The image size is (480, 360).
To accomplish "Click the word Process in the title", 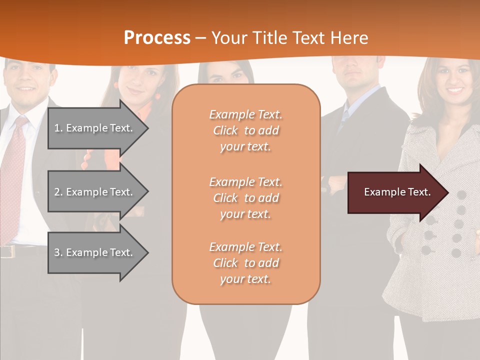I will [157, 38].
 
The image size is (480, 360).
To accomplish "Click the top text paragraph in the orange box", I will [245, 130].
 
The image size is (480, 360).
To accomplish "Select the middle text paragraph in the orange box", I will [245, 198].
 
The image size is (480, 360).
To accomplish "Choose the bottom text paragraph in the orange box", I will [245, 263].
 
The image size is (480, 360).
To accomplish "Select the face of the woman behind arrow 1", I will [140, 82].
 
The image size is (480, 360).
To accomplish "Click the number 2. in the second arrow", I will [58, 192].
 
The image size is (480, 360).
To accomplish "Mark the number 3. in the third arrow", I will [58, 252].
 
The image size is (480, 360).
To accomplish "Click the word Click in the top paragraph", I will [225, 130].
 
